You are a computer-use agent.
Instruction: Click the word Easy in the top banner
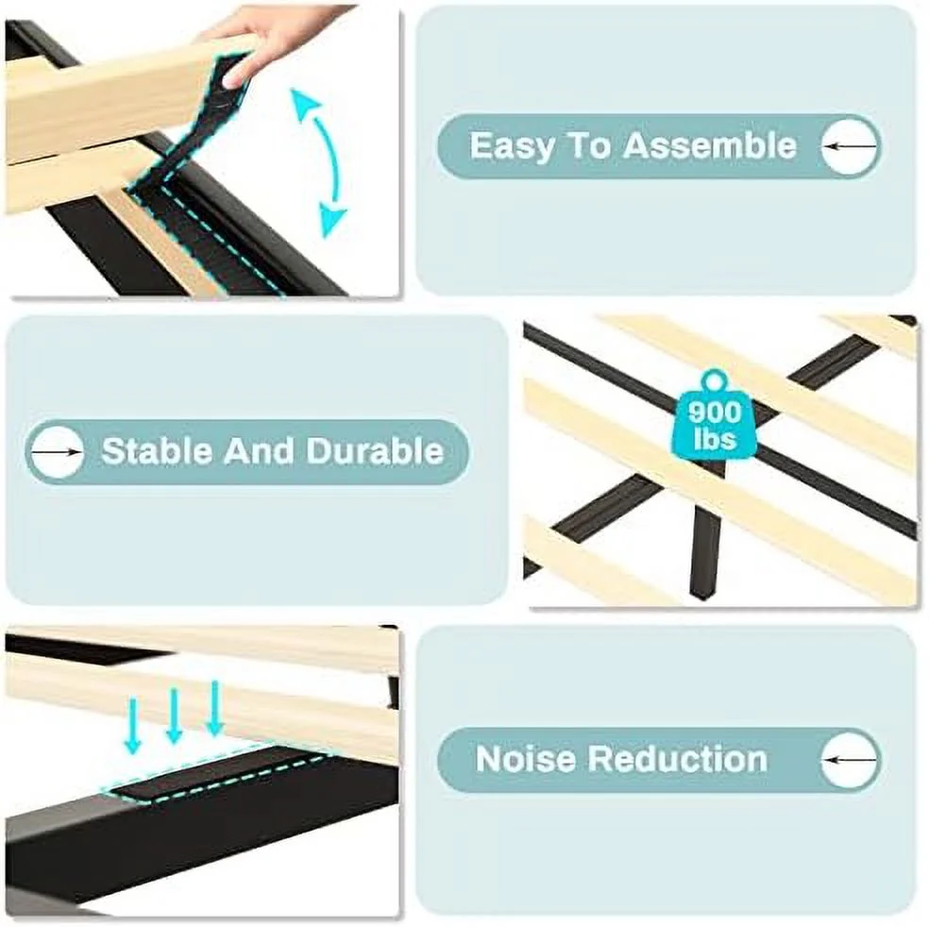tap(510, 146)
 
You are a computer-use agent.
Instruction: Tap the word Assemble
tap(710, 145)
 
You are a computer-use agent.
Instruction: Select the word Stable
tap(156, 451)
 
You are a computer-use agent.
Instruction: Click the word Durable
tap(375, 451)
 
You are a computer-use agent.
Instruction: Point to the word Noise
tap(525, 759)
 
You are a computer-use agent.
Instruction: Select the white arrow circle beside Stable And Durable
tap(57, 451)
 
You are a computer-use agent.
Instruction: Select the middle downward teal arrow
tap(174, 716)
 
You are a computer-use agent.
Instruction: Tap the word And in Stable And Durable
tap(259, 451)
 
